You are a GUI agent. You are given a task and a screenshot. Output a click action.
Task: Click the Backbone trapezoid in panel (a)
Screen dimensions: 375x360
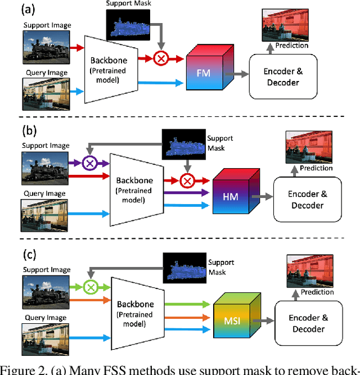pyautogui.click(x=110, y=69)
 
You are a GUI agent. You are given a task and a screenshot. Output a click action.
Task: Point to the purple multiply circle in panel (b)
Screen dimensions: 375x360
pyautogui.click(x=89, y=163)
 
